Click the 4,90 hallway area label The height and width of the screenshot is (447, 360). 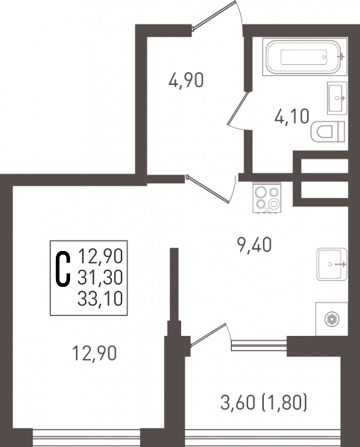pyautogui.click(x=186, y=80)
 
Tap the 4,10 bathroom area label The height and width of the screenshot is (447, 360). pyautogui.click(x=291, y=117)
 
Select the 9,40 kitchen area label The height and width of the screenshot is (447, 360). pyautogui.click(x=254, y=245)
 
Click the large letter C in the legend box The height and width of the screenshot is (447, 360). pyautogui.click(x=63, y=268)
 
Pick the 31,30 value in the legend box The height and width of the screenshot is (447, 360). pyautogui.click(x=100, y=277)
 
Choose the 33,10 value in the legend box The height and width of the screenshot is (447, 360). pyautogui.click(x=100, y=299)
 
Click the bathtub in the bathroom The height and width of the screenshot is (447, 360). pyautogui.click(x=303, y=57)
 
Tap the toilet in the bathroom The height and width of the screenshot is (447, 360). pyautogui.click(x=328, y=131)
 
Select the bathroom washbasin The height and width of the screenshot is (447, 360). pyautogui.click(x=337, y=98)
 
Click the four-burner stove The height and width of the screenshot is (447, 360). pyautogui.click(x=267, y=197)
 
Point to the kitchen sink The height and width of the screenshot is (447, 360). pyautogui.click(x=332, y=264)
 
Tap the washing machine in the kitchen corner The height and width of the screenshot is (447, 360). pyautogui.click(x=332, y=319)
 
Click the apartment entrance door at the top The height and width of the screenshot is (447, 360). pyautogui.click(x=215, y=15)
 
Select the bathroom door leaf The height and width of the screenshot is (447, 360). pyautogui.click(x=238, y=108)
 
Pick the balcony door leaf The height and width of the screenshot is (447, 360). pyautogui.click(x=208, y=335)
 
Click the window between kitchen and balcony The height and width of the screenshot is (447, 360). pyautogui.click(x=259, y=345)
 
